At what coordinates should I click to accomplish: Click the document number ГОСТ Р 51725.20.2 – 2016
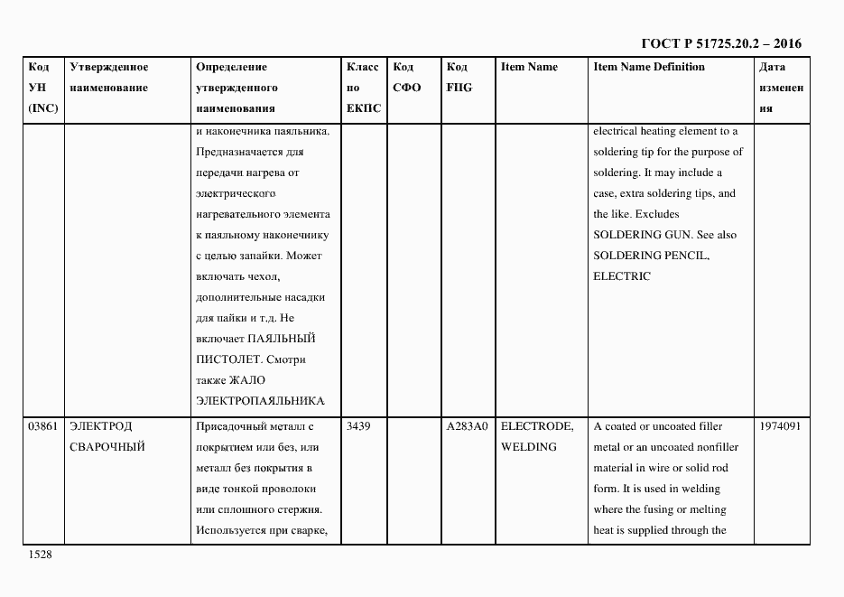coord(720,43)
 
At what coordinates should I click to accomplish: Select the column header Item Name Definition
coord(649,68)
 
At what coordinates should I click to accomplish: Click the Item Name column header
coord(529,68)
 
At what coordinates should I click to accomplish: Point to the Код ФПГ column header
coord(459,78)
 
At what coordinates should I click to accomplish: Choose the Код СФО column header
coord(407,78)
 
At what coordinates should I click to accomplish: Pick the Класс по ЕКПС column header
coord(363,88)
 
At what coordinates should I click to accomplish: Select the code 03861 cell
coord(43,426)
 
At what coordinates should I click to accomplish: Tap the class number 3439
coord(358,426)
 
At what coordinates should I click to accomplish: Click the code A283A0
coord(467,426)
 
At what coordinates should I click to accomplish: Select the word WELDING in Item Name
coord(529,447)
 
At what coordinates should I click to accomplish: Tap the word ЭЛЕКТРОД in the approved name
coord(100,426)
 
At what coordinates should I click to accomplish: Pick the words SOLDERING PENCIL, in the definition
coord(651,256)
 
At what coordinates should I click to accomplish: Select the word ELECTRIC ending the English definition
coord(621,276)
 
